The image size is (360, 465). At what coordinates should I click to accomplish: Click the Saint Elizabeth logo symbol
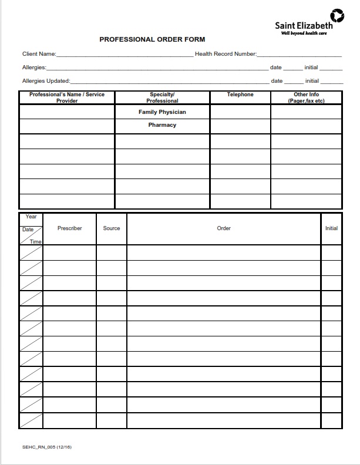[x=338, y=15]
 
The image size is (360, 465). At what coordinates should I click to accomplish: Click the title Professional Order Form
[x=152, y=39]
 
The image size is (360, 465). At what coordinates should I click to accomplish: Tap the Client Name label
[x=39, y=54]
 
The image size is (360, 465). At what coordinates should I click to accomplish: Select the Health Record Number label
[x=226, y=54]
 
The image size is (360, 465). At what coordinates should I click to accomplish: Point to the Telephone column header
[x=240, y=95]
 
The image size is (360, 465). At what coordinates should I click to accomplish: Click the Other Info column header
[x=306, y=97]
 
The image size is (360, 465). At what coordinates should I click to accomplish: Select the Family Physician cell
[x=162, y=112]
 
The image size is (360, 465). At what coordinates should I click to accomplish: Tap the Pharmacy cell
[x=162, y=125]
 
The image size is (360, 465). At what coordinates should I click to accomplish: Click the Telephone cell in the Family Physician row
[x=240, y=112]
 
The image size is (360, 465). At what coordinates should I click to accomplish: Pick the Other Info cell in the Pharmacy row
[x=306, y=126]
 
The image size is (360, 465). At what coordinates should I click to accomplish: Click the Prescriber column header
[x=69, y=228]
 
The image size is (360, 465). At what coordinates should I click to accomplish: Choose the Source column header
[x=112, y=228]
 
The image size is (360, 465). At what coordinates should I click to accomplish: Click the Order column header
[x=224, y=228]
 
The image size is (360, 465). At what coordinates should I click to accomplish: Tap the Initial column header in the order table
[x=331, y=228]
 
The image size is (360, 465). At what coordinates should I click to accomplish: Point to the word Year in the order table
[x=31, y=217]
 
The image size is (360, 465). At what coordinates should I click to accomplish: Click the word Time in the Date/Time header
[x=36, y=241]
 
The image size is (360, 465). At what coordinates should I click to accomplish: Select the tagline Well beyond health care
[x=304, y=33]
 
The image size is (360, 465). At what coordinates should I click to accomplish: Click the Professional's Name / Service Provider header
[x=67, y=97]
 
